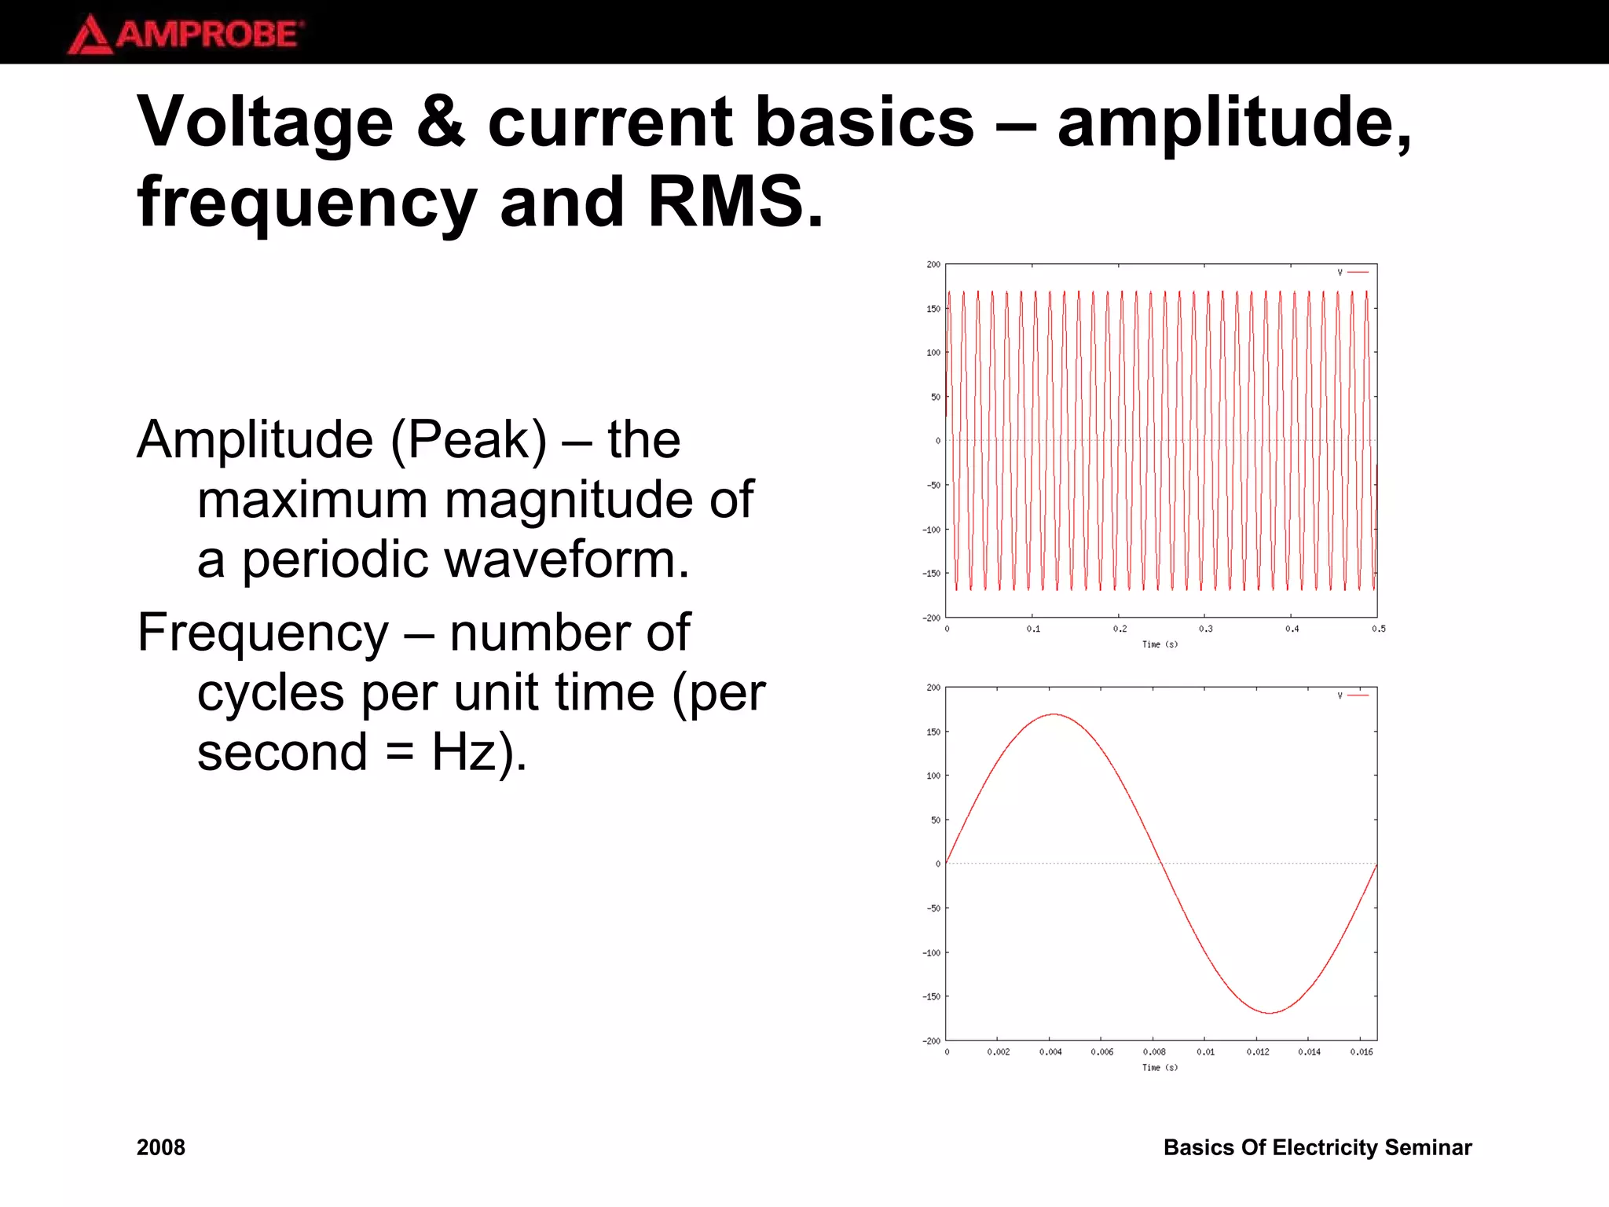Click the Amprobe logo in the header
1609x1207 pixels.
point(185,34)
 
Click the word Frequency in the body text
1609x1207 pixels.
point(262,633)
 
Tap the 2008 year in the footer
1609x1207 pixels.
point(160,1147)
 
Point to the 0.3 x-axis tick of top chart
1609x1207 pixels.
point(1205,629)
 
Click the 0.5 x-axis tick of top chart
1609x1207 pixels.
point(1378,629)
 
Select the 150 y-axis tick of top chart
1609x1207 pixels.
point(933,309)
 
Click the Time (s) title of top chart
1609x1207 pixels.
point(1160,644)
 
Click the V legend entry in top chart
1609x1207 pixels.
point(1351,272)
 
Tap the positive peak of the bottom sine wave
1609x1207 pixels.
point(1054,714)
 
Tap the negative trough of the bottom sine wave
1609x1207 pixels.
point(1270,1013)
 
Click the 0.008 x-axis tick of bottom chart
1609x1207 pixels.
point(1153,1052)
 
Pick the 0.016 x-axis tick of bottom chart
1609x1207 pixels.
point(1361,1052)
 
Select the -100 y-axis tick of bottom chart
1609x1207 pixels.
point(931,952)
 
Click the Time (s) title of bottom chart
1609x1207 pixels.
point(1160,1068)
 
